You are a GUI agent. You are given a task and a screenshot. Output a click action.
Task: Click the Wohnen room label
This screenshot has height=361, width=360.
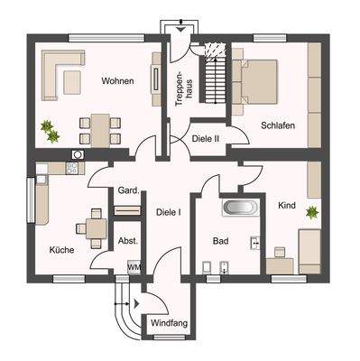pos(117,81)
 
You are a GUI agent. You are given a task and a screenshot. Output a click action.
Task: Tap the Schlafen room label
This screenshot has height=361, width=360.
pos(279,125)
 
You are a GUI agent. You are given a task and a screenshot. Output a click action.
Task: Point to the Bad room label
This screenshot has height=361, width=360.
pos(220,242)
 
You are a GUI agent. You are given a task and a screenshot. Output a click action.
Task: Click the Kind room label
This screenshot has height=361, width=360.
pos(287,206)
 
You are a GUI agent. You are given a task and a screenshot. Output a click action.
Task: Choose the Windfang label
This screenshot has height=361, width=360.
pos(167,322)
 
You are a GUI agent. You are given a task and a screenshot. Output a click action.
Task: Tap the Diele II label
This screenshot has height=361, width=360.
pos(207,138)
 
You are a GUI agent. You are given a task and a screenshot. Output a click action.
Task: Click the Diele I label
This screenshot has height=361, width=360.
pos(168,213)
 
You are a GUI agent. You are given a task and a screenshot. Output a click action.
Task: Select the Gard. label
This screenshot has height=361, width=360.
pos(127,190)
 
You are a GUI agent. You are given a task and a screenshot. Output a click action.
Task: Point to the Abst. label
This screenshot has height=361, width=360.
pos(127,241)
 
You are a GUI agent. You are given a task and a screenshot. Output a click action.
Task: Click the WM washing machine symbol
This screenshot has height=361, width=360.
pos(134,267)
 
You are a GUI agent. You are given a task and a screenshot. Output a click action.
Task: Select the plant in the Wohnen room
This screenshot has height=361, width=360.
pos(51,131)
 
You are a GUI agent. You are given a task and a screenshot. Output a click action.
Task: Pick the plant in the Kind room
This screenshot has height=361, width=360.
pos(311,213)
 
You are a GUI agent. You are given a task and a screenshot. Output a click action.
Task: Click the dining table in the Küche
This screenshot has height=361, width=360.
pos(94,227)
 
